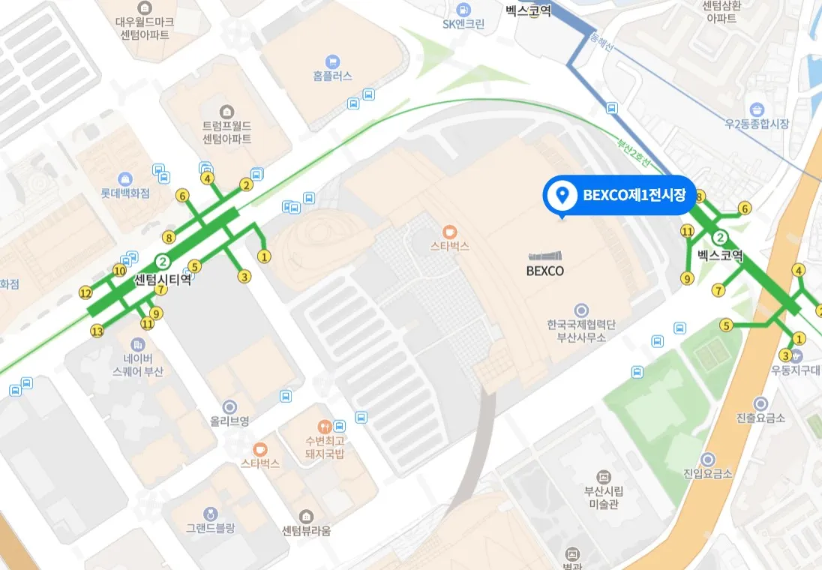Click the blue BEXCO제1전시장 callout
pyautogui.click(x=620, y=196)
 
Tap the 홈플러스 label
pyautogui.click(x=332, y=76)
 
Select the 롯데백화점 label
pyautogui.click(x=125, y=193)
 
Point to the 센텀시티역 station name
pyautogui.click(x=163, y=280)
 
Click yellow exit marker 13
pyautogui.click(x=97, y=331)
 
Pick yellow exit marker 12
pyautogui.click(x=85, y=292)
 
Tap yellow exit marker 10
pyautogui.click(x=119, y=270)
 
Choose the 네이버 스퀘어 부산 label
pyautogui.click(x=137, y=364)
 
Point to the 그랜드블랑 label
pyautogui.click(x=211, y=527)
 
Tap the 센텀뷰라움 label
pyautogui.click(x=306, y=531)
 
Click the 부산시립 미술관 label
pyautogui.click(x=603, y=497)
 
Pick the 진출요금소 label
pyautogui.click(x=760, y=417)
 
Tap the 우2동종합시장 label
pyautogui.click(x=756, y=123)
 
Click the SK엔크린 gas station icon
pyautogui.click(x=463, y=10)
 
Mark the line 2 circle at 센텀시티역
pyautogui.click(x=163, y=262)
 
